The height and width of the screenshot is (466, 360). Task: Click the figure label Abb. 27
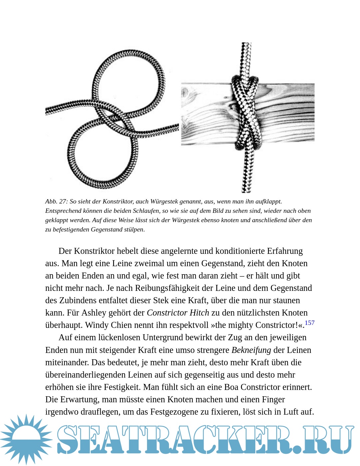click(56, 201)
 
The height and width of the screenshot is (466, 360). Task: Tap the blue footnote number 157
click(309, 323)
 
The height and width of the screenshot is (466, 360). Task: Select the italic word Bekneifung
click(251, 350)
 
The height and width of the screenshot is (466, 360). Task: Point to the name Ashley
click(93, 313)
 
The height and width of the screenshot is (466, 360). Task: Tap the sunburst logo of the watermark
click(26, 439)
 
